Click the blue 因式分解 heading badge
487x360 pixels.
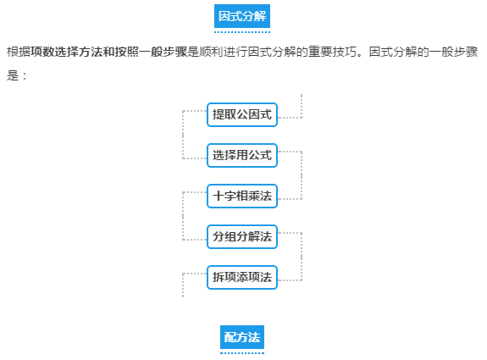pyautogui.click(x=242, y=16)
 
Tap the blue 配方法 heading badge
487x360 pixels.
pyautogui.click(x=242, y=337)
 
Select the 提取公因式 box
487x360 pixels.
pyautogui.click(x=242, y=114)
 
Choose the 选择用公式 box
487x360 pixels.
pyautogui.click(x=242, y=155)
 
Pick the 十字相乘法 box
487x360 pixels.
pyautogui.click(x=242, y=196)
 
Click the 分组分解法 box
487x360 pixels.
pyautogui.click(x=242, y=236)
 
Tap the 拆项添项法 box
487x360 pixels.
pyautogui.click(x=242, y=277)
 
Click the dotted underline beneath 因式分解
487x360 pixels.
pyautogui.click(x=242, y=32)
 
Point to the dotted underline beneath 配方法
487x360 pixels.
pyautogui.click(x=242, y=353)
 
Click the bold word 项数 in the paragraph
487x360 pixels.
pyautogui.click(x=42, y=52)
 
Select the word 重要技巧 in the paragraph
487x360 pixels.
pyautogui.click(x=332, y=52)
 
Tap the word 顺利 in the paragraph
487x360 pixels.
pyautogui.click(x=211, y=52)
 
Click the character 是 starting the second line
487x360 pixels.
pyautogui.click(x=13, y=75)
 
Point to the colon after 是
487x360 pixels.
pyautogui.click(x=25, y=76)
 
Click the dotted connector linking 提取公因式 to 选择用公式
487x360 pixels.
pyautogui.click(x=183, y=135)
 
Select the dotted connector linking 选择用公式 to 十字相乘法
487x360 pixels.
pyautogui.click(x=302, y=175)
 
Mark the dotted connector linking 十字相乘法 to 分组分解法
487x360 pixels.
pyautogui.click(x=183, y=216)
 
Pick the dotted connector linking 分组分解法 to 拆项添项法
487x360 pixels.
pyautogui.click(x=302, y=257)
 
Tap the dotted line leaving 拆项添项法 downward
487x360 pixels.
pyautogui.click(x=183, y=285)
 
